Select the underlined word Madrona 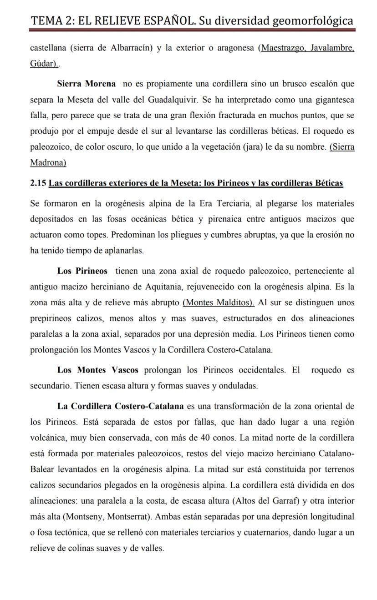tap(48, 162)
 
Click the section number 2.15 tap(38, 183)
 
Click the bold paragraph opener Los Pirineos tap(82, 271)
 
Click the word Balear tap(41, 469)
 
